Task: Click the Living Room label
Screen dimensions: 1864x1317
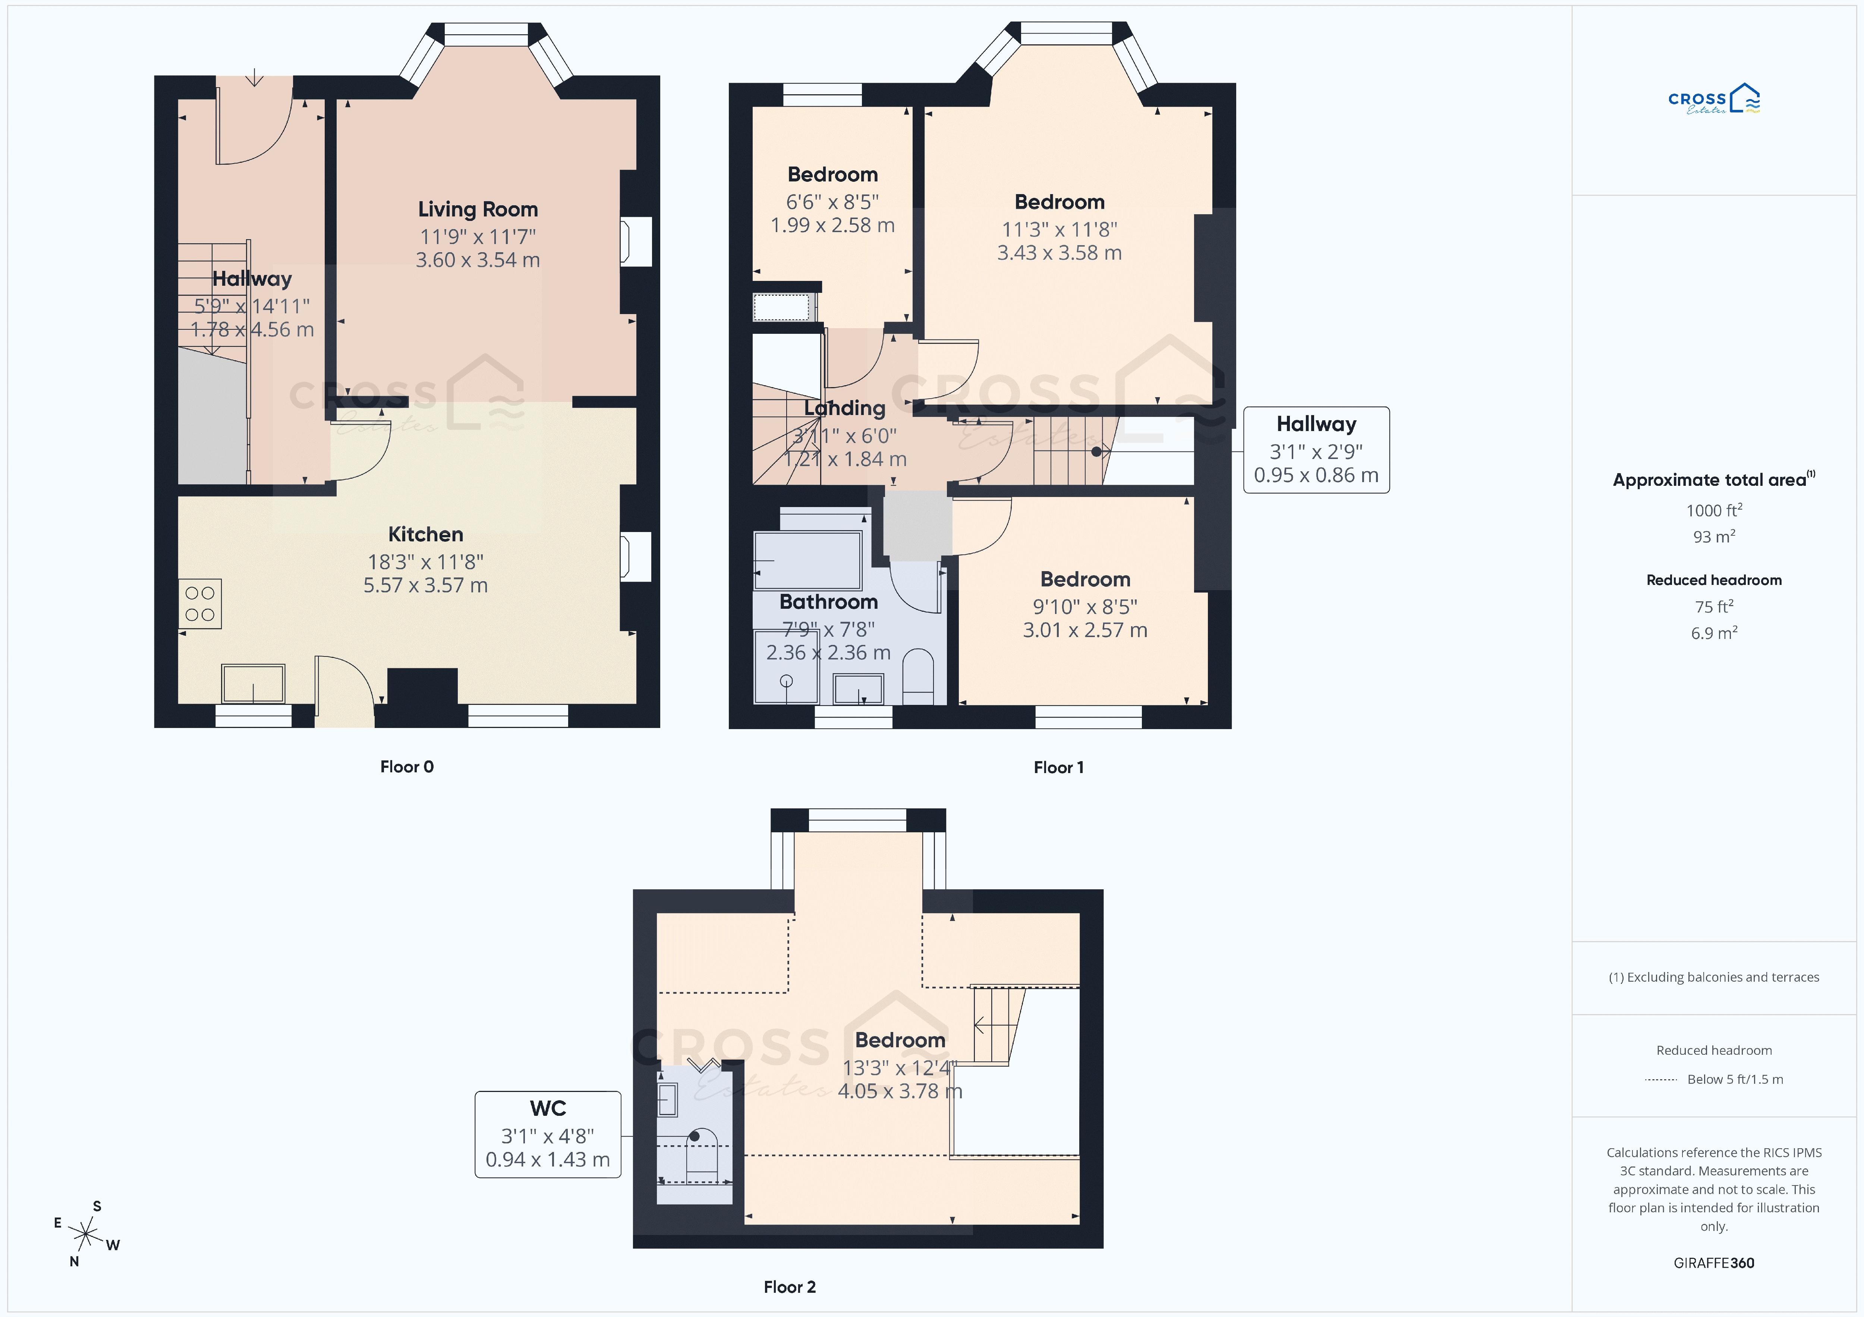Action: click(x=477, y=209)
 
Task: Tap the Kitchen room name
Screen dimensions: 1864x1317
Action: click(x=425, y=534)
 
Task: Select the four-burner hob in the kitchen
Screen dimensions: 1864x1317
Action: click(x=200, y=604)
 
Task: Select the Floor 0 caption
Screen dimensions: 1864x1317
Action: click(x=407, y=767)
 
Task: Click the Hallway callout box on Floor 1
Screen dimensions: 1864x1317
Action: click(x=1316, y=450)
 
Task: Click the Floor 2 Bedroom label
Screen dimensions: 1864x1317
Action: click(x=900, y=1040)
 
